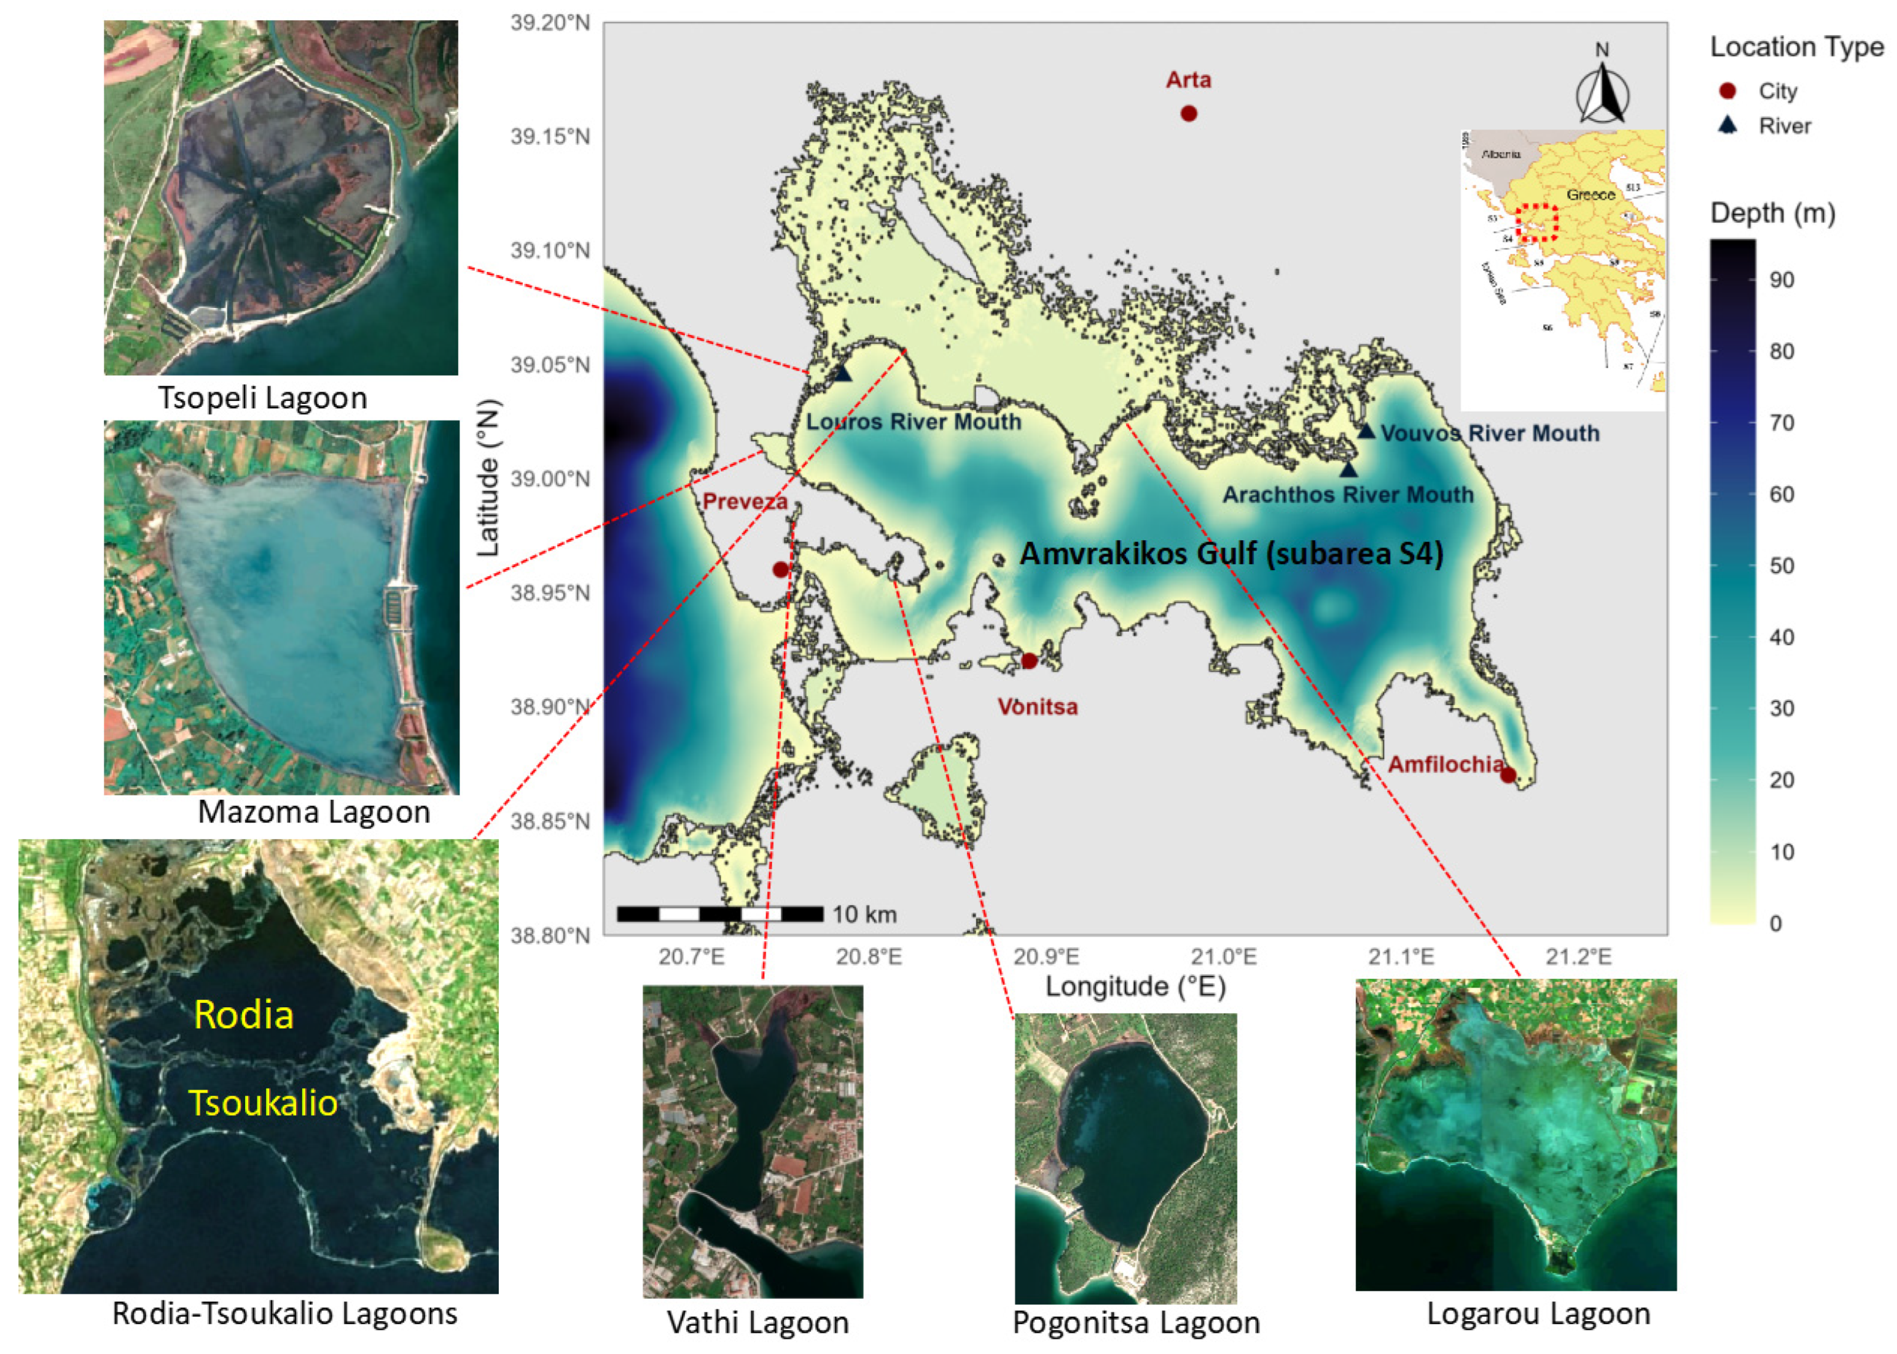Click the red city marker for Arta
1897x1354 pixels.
tap(1188, 114)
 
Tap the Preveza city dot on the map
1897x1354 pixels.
tap(780, 570)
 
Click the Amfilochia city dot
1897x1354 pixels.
tap(1508, 775)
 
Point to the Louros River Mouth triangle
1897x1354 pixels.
tap(843, 374)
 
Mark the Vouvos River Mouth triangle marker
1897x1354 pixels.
tap(1366, 431)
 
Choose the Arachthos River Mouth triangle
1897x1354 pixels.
tap(1348, 470)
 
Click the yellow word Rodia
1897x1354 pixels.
tap(244, 1015)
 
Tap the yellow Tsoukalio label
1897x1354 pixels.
tap(264, 1103)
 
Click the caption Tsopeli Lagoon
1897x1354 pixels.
tap(263, 398)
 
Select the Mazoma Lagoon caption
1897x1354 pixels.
tap(314, 811)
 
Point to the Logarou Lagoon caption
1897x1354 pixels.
tap(1538, 1314)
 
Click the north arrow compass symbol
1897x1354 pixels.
tap(1602, 89)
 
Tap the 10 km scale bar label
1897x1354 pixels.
tap(864, 915)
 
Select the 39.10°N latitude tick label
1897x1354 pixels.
tap(550, 250)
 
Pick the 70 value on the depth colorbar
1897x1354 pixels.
tap(1781, 423)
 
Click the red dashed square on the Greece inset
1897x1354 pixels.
tap(1536, 223)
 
